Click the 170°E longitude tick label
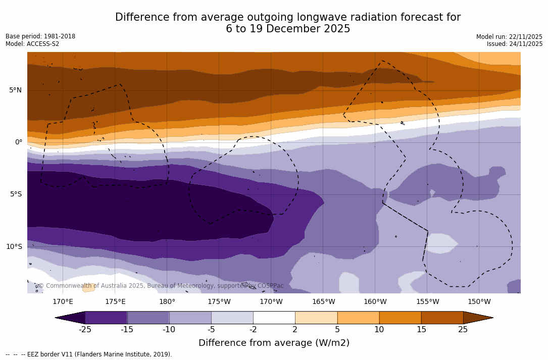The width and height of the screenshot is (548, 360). coord(63,302)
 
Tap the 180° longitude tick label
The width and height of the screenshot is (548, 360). coord(167,302)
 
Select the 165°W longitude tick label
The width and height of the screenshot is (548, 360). coord(323,302)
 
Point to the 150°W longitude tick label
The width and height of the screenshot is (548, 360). coord(479,302)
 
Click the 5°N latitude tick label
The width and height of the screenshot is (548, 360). coord(15,90)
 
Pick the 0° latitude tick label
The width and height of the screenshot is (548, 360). coord(18,142)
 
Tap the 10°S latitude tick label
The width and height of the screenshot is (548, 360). coord(14,247)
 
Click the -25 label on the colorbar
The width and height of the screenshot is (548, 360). coord(84,330)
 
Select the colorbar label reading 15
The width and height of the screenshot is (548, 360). coord(421,330)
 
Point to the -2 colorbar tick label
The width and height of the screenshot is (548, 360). coord(253,330)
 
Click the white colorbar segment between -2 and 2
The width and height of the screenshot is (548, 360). coord(274,318)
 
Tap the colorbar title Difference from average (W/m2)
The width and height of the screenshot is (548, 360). coord(274,343)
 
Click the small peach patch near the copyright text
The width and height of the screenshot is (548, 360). coord(89,287)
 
